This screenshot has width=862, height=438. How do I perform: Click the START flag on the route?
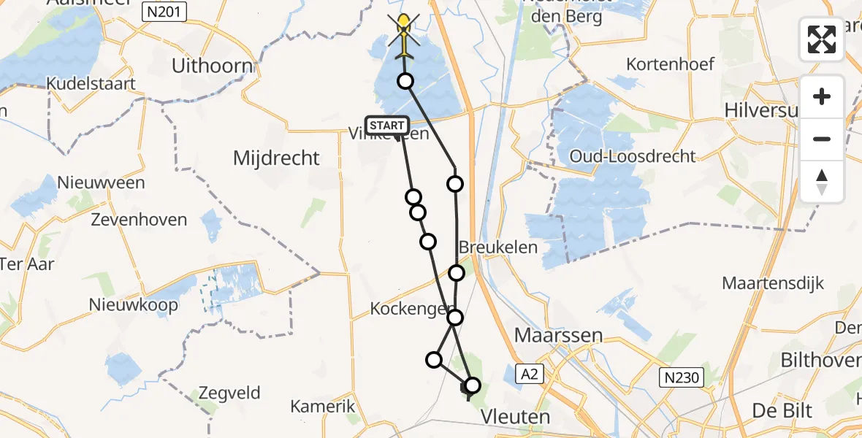click(x=386, y=126)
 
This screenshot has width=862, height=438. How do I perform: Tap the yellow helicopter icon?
click(x=403, y=35)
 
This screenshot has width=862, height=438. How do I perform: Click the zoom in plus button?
click(x=822, y=97)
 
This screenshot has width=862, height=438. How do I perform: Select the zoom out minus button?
click(x=822, y=139)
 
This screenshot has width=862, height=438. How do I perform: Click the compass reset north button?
click(x=822, y=181)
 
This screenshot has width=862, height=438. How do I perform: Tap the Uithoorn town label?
click(x=212, y=66)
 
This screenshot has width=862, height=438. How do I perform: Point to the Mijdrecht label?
click(x=276, y=158)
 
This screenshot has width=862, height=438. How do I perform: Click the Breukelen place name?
click(x=498, y=247)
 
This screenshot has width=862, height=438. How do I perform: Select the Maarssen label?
click(x=559, y=336)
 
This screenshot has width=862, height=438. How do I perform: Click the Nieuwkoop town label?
click(x=133, y=304)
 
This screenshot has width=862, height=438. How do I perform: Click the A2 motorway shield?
click(x=530, y=374)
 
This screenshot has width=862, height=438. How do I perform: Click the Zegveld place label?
click(x=229, y=393)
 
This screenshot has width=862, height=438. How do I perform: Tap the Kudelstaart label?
click(x=91, y=84)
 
